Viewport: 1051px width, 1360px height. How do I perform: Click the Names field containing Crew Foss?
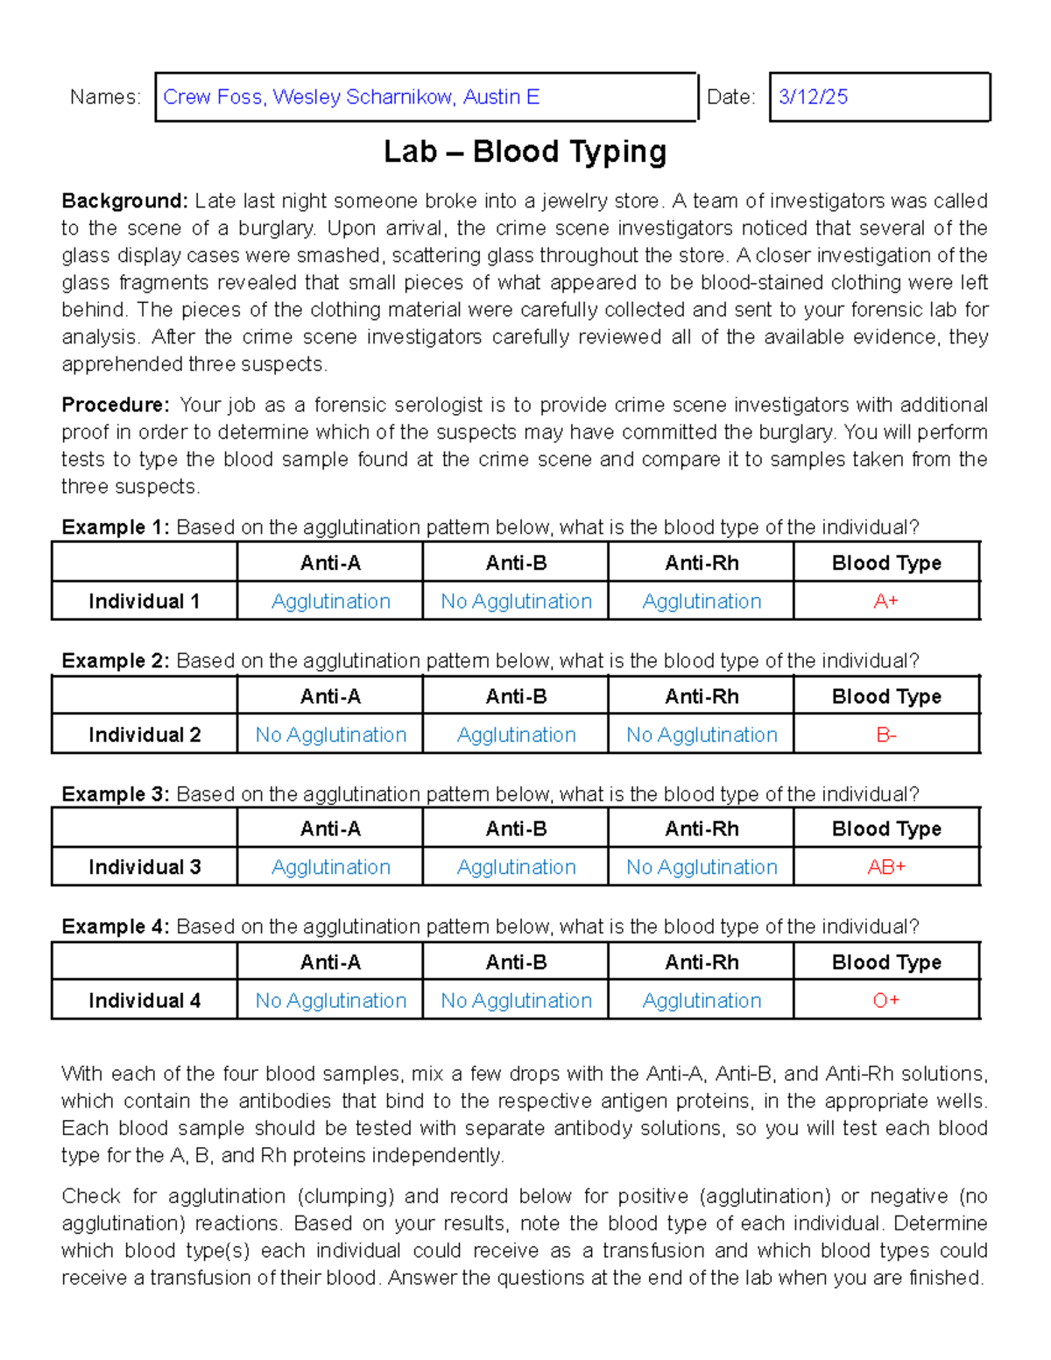pos(426,97)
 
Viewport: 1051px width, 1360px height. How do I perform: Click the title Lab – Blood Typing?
pos(525,152)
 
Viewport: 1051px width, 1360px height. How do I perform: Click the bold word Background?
pos(124,201)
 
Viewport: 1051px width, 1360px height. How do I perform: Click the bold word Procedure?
pos(116,405)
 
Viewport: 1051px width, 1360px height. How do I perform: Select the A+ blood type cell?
pos(885,602)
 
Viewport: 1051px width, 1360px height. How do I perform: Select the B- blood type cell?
pos(885,735)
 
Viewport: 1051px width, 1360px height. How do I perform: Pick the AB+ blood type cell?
pos(885,867)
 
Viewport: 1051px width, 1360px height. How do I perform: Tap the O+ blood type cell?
pos(885,1000)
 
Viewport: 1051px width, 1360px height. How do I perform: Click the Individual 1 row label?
pos(145,602)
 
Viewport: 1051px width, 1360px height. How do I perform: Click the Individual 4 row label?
pos(145,1000)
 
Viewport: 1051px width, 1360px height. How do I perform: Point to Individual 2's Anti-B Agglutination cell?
pos(516,735)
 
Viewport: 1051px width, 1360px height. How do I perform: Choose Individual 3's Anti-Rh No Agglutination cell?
pos(702,867)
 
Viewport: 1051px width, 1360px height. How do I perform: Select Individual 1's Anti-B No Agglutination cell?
pos(516,602)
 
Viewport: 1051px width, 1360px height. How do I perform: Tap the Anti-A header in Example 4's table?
pos(330,962)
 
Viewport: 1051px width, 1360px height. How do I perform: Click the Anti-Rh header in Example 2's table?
pos(702,696)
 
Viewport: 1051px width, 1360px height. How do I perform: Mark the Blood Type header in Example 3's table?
pos(885,828)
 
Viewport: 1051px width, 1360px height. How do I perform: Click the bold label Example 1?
pos(116,527)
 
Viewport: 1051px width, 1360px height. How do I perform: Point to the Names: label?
pos(105,97)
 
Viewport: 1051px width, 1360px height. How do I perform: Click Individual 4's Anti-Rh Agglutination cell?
pos(702,1000)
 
